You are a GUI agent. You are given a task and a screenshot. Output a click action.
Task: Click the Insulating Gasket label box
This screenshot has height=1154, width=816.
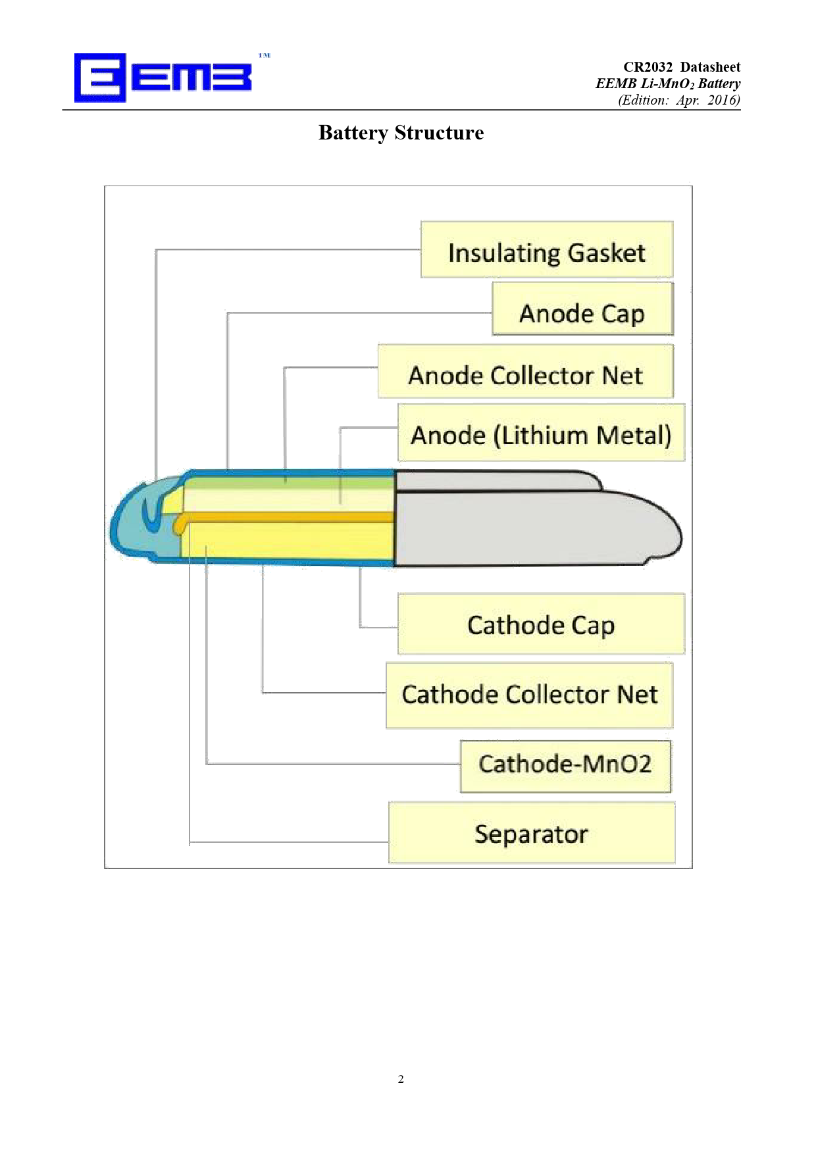[547, 249]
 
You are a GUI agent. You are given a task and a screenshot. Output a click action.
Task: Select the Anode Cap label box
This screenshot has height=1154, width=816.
[583, 309]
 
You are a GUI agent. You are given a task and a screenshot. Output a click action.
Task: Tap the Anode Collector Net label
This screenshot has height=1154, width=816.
[526, 371]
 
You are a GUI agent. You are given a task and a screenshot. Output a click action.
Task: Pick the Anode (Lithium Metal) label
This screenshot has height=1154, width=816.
[542, 432]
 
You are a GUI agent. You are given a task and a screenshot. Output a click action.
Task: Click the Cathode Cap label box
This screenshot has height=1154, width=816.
[542, 624]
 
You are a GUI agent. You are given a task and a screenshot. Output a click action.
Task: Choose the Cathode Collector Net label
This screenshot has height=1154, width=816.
[530, 695]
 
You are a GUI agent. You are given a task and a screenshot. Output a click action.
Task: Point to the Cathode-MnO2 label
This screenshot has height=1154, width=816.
[566, 766]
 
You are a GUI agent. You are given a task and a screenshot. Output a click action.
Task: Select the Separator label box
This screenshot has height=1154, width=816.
[532, 832]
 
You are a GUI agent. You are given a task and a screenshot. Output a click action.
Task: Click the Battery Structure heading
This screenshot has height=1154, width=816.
[401, 133]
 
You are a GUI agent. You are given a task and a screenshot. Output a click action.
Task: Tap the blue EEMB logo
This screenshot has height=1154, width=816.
[163, 78]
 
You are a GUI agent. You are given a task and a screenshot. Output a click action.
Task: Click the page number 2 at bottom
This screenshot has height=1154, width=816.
[401, 1079]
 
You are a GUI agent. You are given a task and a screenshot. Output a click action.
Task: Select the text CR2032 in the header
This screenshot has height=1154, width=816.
[648, 67]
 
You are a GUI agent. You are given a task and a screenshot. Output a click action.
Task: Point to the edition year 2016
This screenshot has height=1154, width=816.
[724, 100]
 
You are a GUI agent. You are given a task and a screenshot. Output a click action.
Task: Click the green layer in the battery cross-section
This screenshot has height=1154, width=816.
[290, 484]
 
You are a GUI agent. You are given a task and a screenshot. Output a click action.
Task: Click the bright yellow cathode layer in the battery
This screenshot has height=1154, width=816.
[290, 541]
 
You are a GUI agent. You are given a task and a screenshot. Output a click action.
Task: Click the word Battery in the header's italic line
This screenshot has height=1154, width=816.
[719, 84]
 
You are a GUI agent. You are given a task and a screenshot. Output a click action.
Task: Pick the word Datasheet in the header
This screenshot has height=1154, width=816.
[711, 67]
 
